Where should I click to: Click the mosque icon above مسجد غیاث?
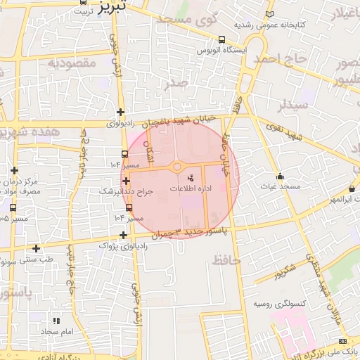tap(280, 176)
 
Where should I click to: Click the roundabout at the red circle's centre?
tap(177, 167)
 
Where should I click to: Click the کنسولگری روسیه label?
tap(278, 304)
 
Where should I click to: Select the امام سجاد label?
tap(57, 331)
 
